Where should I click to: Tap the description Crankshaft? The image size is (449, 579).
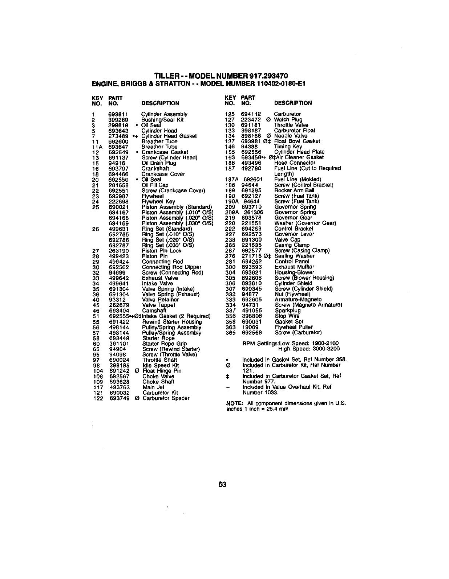point(155,169)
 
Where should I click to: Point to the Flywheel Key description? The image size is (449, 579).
point(158,202)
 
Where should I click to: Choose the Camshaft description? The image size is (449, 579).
point(154,311)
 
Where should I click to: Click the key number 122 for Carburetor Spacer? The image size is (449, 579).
point(98,398)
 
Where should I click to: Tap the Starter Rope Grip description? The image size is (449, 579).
point(164,344)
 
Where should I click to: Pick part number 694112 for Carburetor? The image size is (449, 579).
point(251,114)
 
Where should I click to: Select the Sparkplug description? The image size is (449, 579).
point(288,311)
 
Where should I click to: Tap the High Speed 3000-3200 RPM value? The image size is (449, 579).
point(325,349)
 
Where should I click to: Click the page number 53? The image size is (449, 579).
point(223,484)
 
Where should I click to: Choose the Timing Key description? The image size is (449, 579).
point(288,147)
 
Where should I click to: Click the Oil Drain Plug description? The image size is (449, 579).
point(158,163)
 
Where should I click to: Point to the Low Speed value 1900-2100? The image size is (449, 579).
point(325,344)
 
